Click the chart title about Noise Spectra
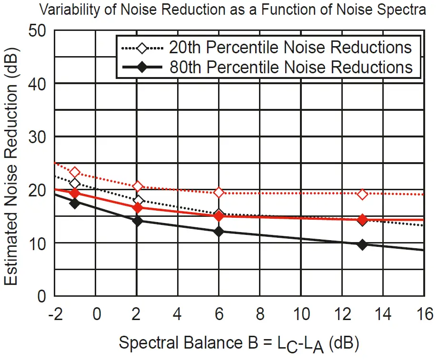point(232,10)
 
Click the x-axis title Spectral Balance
point(238,342)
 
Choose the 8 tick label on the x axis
point(260,314)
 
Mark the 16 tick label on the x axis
point(423,314)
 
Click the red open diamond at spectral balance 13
point(362,194)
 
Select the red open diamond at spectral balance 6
point(219,192)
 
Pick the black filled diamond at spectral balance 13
point(362,244)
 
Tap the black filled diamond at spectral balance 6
point(219,232)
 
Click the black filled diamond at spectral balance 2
point(138,221)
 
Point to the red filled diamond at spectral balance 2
point(138,207)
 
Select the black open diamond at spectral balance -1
point(75,184)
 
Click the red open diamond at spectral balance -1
point(75,172)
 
